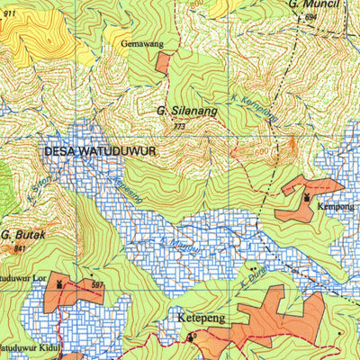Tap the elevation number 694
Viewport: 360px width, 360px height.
pyautogui.click(x=311, y=17)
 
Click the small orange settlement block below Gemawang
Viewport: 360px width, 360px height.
pyautogui.click(x=163, y=62)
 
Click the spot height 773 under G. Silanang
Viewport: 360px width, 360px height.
pyautogui.click(x=179, y=127)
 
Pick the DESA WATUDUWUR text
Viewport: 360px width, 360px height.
pyautogui.click(x=100, y=152)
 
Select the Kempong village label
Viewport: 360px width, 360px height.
pyautogui.click(x=335, y=206)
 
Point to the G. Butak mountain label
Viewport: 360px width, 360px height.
pyautogui.click(x=18, y=234)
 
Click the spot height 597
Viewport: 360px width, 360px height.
pyautogui.click(x=97, y=285)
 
